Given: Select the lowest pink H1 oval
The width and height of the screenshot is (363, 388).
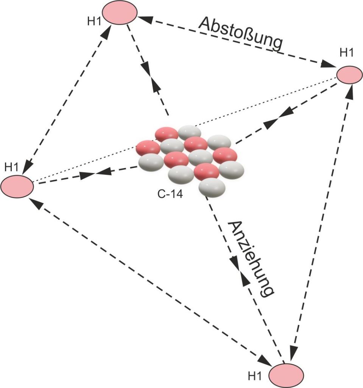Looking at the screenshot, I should coord(287,375).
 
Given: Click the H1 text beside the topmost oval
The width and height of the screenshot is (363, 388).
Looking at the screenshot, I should coord(94,21).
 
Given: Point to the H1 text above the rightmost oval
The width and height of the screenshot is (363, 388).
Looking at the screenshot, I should coord(346,53).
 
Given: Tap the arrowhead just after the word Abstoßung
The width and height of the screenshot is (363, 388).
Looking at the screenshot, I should coord(326,64).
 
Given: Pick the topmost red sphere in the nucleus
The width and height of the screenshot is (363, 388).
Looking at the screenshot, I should coord(167,134).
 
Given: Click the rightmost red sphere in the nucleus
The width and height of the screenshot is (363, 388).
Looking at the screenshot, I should coord(225,155).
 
